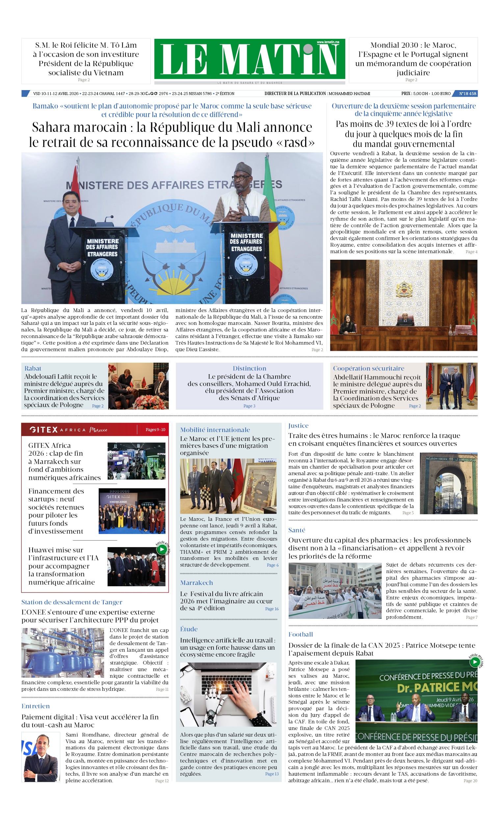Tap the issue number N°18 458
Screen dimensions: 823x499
point(467,93)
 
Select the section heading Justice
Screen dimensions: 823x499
point(298,425)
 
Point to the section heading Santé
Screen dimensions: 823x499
point(297,530)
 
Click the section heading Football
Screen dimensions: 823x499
point(301,634)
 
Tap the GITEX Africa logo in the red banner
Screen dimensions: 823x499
point(68,429)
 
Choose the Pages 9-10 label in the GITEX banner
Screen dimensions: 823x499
point(155,429)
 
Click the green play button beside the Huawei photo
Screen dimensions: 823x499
point(162,549)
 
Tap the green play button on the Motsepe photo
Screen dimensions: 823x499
point(475,662)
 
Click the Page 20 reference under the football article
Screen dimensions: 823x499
point(470,781)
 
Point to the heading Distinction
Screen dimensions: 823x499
point(249,368)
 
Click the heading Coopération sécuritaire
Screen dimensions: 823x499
point(368,368)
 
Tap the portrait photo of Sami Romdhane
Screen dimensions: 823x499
point(41,757)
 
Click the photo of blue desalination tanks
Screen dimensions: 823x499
point(63,653)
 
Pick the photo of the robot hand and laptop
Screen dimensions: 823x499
point(228,694)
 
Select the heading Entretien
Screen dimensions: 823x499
point(36,706)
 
